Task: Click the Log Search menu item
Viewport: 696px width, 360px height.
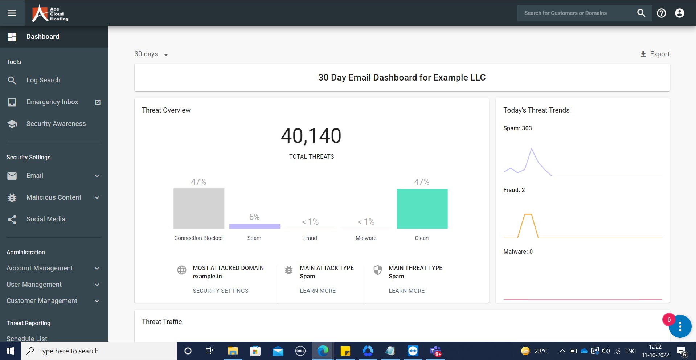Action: pyautogui.click(x=43, y=80)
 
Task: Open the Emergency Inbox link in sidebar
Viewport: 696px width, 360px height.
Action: pyautogui.click(x=52, y=102)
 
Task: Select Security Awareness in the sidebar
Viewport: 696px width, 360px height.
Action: pyautogui.click(x=56, y=124)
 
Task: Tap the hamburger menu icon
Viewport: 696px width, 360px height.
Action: pyautogui.click(x=12, y=13)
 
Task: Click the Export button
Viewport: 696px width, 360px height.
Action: pyautogui.click(x=655, y=54)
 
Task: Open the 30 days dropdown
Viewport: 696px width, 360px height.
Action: pyautogui.click(x=151, y=54)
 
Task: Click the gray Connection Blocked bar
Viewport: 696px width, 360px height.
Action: pyautogui.click(x=198, y=209)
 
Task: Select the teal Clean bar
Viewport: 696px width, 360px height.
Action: pyautogui.click(x=422, y=209)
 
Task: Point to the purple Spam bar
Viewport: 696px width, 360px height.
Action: pyautogui.click(x=254, y=226)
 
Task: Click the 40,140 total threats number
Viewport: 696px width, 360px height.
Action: pyautogui.click(x=311, y=136)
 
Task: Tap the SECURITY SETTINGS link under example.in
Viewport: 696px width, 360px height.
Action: pyautogui.click(x=220, y=291)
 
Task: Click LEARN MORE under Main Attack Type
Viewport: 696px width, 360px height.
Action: pyautogui.click(x=318, y=291)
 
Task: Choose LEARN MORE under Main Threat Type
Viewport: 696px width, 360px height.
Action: pyautogui.click(x=406, y=291)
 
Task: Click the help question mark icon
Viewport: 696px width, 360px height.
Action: pyautogui.click(x=661, y=13)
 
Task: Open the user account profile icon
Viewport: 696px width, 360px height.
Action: pyautogui.click(x=679, y=13)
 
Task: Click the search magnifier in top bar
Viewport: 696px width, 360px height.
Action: pyautogui.click(x=641, y=13)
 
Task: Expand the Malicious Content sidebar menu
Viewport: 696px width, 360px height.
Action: pyautogui.click(x=54, y=197)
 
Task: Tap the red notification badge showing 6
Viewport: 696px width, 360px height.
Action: pyautogui.click(x=669, y=320)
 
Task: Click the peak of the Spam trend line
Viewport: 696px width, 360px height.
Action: pyautogui.click(x=531, y=148)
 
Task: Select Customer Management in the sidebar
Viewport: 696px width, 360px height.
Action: pyautogui.click(x=42, y=301)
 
